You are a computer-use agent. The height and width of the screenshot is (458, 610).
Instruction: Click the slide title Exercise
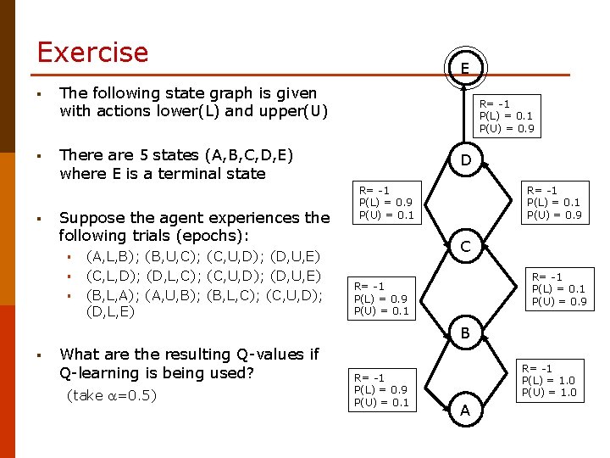tap(92, 53)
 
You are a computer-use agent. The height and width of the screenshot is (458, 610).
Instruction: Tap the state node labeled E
tap(465, 68)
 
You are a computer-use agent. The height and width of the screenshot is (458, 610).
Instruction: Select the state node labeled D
tap(465, 160)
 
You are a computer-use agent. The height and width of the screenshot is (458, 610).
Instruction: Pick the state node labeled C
tap(465, 248)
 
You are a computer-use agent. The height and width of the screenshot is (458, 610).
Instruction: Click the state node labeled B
tap(465, 333)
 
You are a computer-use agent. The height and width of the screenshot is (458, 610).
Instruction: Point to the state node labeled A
tap(465, 411)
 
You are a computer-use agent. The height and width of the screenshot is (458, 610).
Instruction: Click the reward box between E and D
tap(507, 116)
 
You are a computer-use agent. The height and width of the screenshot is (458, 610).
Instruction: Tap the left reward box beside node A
tap(381, 389)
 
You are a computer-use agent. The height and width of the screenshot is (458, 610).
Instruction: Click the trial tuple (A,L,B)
tap(114, 256)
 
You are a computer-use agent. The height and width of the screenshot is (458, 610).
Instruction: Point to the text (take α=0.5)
tap(111, 396)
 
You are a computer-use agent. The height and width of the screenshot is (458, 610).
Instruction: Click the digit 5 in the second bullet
tap(143, 155)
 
